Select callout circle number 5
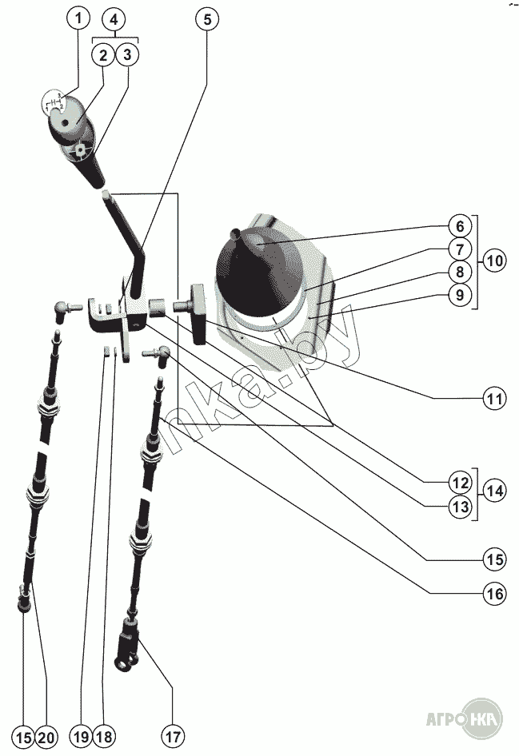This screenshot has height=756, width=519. coord(206,20)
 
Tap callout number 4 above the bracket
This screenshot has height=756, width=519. coord(115,18)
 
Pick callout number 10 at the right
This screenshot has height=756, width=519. coord(494,261)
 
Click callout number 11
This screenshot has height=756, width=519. coord(494,397)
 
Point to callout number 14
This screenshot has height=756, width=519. coord(494,491)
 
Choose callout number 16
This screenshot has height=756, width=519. coord(494,594)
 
